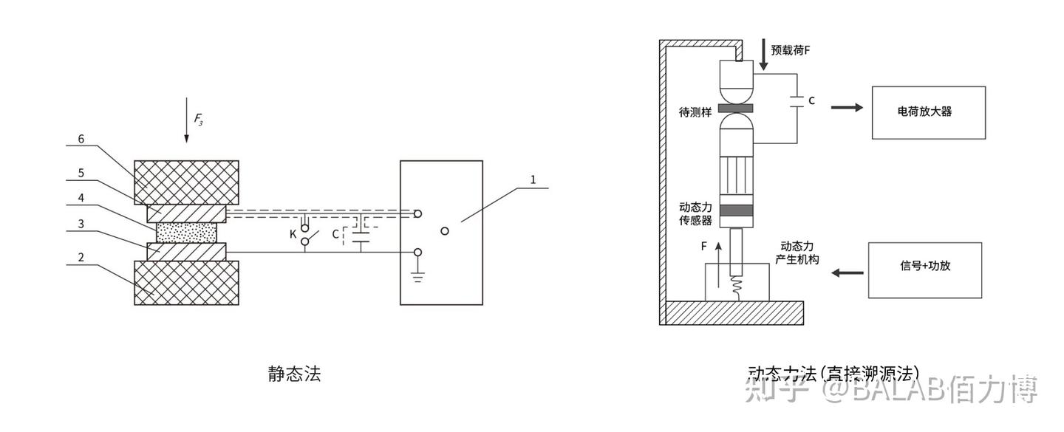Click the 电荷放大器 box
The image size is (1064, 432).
(x=928, y=112)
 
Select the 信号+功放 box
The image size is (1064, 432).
(x=924, y=270)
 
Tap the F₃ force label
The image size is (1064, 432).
(x=198, y=118)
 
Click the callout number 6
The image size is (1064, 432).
(x=81, y=138)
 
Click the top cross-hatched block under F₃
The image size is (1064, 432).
(x=186, y=182)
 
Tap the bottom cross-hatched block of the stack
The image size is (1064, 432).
(x=186, y=282)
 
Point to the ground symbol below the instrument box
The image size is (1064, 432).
(x=417, y=277)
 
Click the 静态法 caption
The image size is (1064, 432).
(x=294, y=374)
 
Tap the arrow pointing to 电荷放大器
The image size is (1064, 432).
(x=847, y=107)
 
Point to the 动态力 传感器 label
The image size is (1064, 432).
(x=695, y=213)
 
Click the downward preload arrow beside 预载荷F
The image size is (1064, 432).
(x=763, y=55)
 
